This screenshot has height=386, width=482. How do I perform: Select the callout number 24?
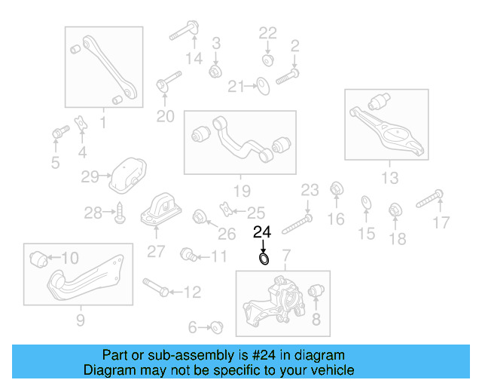262,232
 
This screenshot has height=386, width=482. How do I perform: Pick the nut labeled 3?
215,71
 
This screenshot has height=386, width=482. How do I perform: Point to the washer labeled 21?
263,86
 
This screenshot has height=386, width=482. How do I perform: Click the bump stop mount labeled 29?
127,176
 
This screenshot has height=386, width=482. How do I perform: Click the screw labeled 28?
120,214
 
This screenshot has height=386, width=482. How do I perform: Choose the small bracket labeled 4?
81,123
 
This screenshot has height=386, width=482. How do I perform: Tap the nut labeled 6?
217,327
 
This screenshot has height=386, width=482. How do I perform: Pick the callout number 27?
155,252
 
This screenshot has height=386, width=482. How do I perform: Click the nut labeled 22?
267,59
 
